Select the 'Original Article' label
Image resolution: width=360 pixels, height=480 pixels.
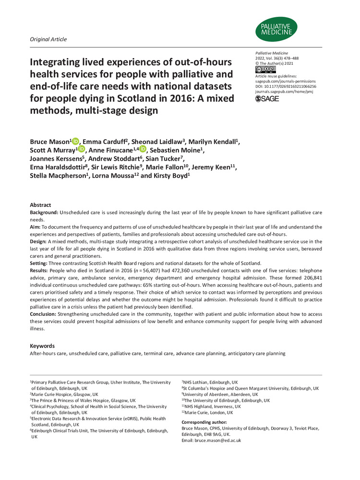click(x=48, y=39)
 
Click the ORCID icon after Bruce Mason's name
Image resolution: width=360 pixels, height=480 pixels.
click(x=75, y=129)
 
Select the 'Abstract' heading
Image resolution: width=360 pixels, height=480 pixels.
click(x=40, y=205)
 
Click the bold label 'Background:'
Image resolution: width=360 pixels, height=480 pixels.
click(x=46, y=212)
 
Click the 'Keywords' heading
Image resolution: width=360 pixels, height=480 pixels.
click(x=42, y=346)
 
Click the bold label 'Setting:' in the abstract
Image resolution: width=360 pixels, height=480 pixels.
click(x=40, y=263)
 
